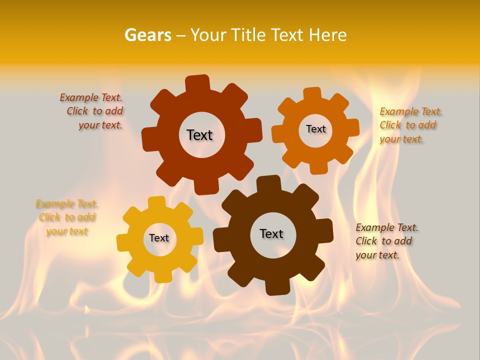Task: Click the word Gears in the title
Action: (148, 35)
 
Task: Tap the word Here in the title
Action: (327, 35)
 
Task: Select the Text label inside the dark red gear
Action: (199, 135)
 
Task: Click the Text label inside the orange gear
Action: (315, 129)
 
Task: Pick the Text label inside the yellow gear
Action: (159, 238)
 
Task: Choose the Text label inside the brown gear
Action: (271, 233)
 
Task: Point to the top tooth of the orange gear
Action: (312, 94)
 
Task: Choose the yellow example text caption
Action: (67, 217)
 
